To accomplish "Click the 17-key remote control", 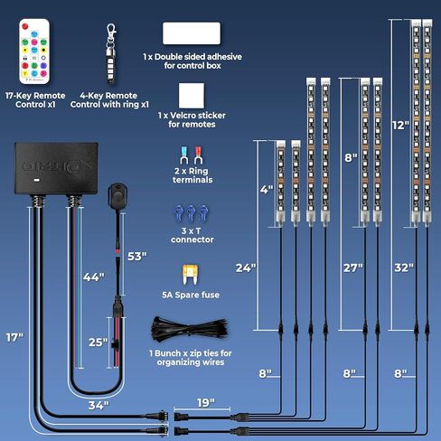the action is tap(34, 52).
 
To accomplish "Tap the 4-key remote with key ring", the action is tap(111, 53).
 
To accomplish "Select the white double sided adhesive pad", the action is tap(192, 33).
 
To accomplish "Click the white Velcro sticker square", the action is tap(192, 96).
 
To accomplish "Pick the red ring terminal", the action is tap(198, 155).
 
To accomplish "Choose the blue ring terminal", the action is tap(183, 155).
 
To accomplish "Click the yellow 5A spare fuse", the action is tap(191, 275).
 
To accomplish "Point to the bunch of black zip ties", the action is tap(189, 330).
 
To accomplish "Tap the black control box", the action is tap(56, 168).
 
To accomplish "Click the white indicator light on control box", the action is tap(36, 181).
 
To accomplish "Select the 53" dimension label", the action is tap(137, 257).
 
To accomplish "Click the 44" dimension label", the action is tap(94, 277).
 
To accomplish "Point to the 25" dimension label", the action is tap(99, 342).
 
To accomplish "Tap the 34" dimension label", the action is tap(99, 406).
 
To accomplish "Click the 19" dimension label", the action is tap(206, 402).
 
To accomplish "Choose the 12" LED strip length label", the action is tap(401, 126).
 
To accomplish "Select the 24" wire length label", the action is tap(246, 267).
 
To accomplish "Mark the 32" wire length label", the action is tap(404, 267).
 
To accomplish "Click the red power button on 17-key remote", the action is tap(25, 26).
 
